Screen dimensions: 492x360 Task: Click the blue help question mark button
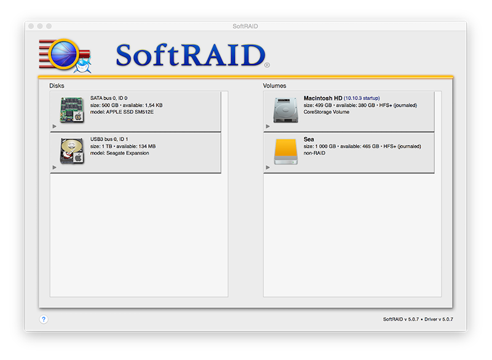coord(44,319)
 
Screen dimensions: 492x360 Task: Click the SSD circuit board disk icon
coord(72,110)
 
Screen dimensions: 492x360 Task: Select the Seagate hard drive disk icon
coord(72,151)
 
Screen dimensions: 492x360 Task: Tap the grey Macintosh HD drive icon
coord(285,110)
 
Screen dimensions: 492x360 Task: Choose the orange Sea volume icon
coord(285,151)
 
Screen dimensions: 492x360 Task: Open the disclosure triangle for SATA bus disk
coord(55,126)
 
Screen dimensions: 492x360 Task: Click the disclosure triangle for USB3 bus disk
coord(55,167)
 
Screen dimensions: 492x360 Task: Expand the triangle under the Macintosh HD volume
coord(268,126)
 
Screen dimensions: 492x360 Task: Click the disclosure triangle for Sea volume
coord(268,167)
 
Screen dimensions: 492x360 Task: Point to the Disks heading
coord(57,86)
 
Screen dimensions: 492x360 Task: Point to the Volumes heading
coord(274,86)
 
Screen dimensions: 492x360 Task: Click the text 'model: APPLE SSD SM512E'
coord(122,112)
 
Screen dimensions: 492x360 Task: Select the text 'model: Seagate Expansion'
coord(119,153)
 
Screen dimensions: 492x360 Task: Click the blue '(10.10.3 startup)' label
coord(362,98)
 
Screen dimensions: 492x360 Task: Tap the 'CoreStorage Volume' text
coord(327,112)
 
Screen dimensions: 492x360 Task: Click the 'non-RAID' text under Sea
coord(314,153)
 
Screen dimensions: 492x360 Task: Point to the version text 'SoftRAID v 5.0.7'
coord(401,319)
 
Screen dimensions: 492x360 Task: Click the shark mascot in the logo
coord(83,65)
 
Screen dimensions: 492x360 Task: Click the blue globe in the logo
coord(64,54)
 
